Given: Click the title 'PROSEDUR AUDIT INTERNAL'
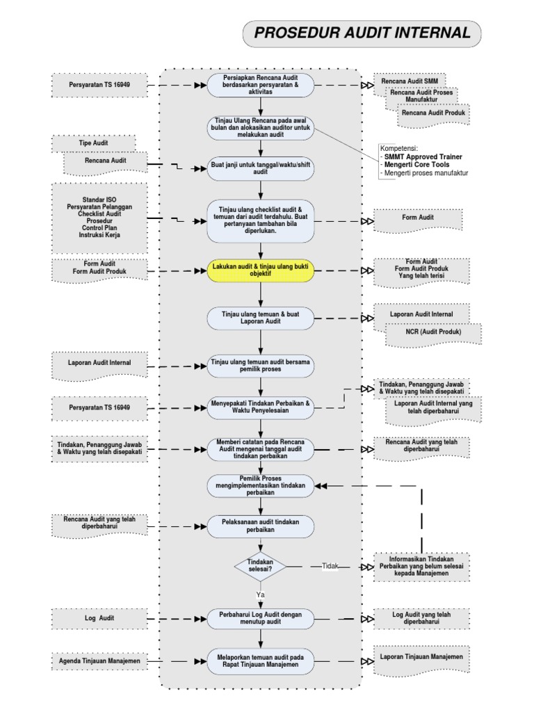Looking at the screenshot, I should [x=362, y=33].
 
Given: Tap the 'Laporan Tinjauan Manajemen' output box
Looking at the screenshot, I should [x=421, y=656].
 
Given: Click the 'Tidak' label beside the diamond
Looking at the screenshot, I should [x=330, y=566].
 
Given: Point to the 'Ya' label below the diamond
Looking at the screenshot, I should [x=260, y=595].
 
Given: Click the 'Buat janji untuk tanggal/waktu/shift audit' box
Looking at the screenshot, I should [x=261, y=168].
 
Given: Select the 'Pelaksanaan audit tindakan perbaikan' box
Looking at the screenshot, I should [x=261, y=526].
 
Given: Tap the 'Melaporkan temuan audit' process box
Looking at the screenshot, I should [x=261, y=661].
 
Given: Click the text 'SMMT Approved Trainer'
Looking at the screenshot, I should [x=423, y=157].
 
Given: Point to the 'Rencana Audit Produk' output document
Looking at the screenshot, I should [x=434, y=112].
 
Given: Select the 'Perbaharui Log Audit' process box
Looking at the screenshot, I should [x=261, y=617].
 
